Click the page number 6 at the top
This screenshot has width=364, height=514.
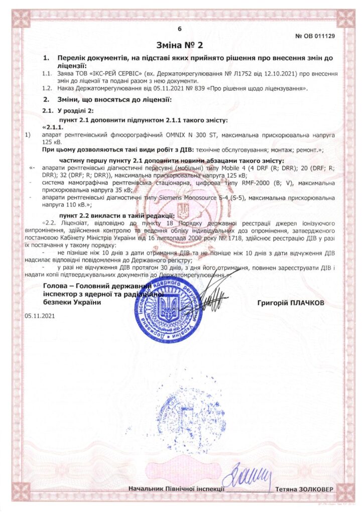tap(179, 30)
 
